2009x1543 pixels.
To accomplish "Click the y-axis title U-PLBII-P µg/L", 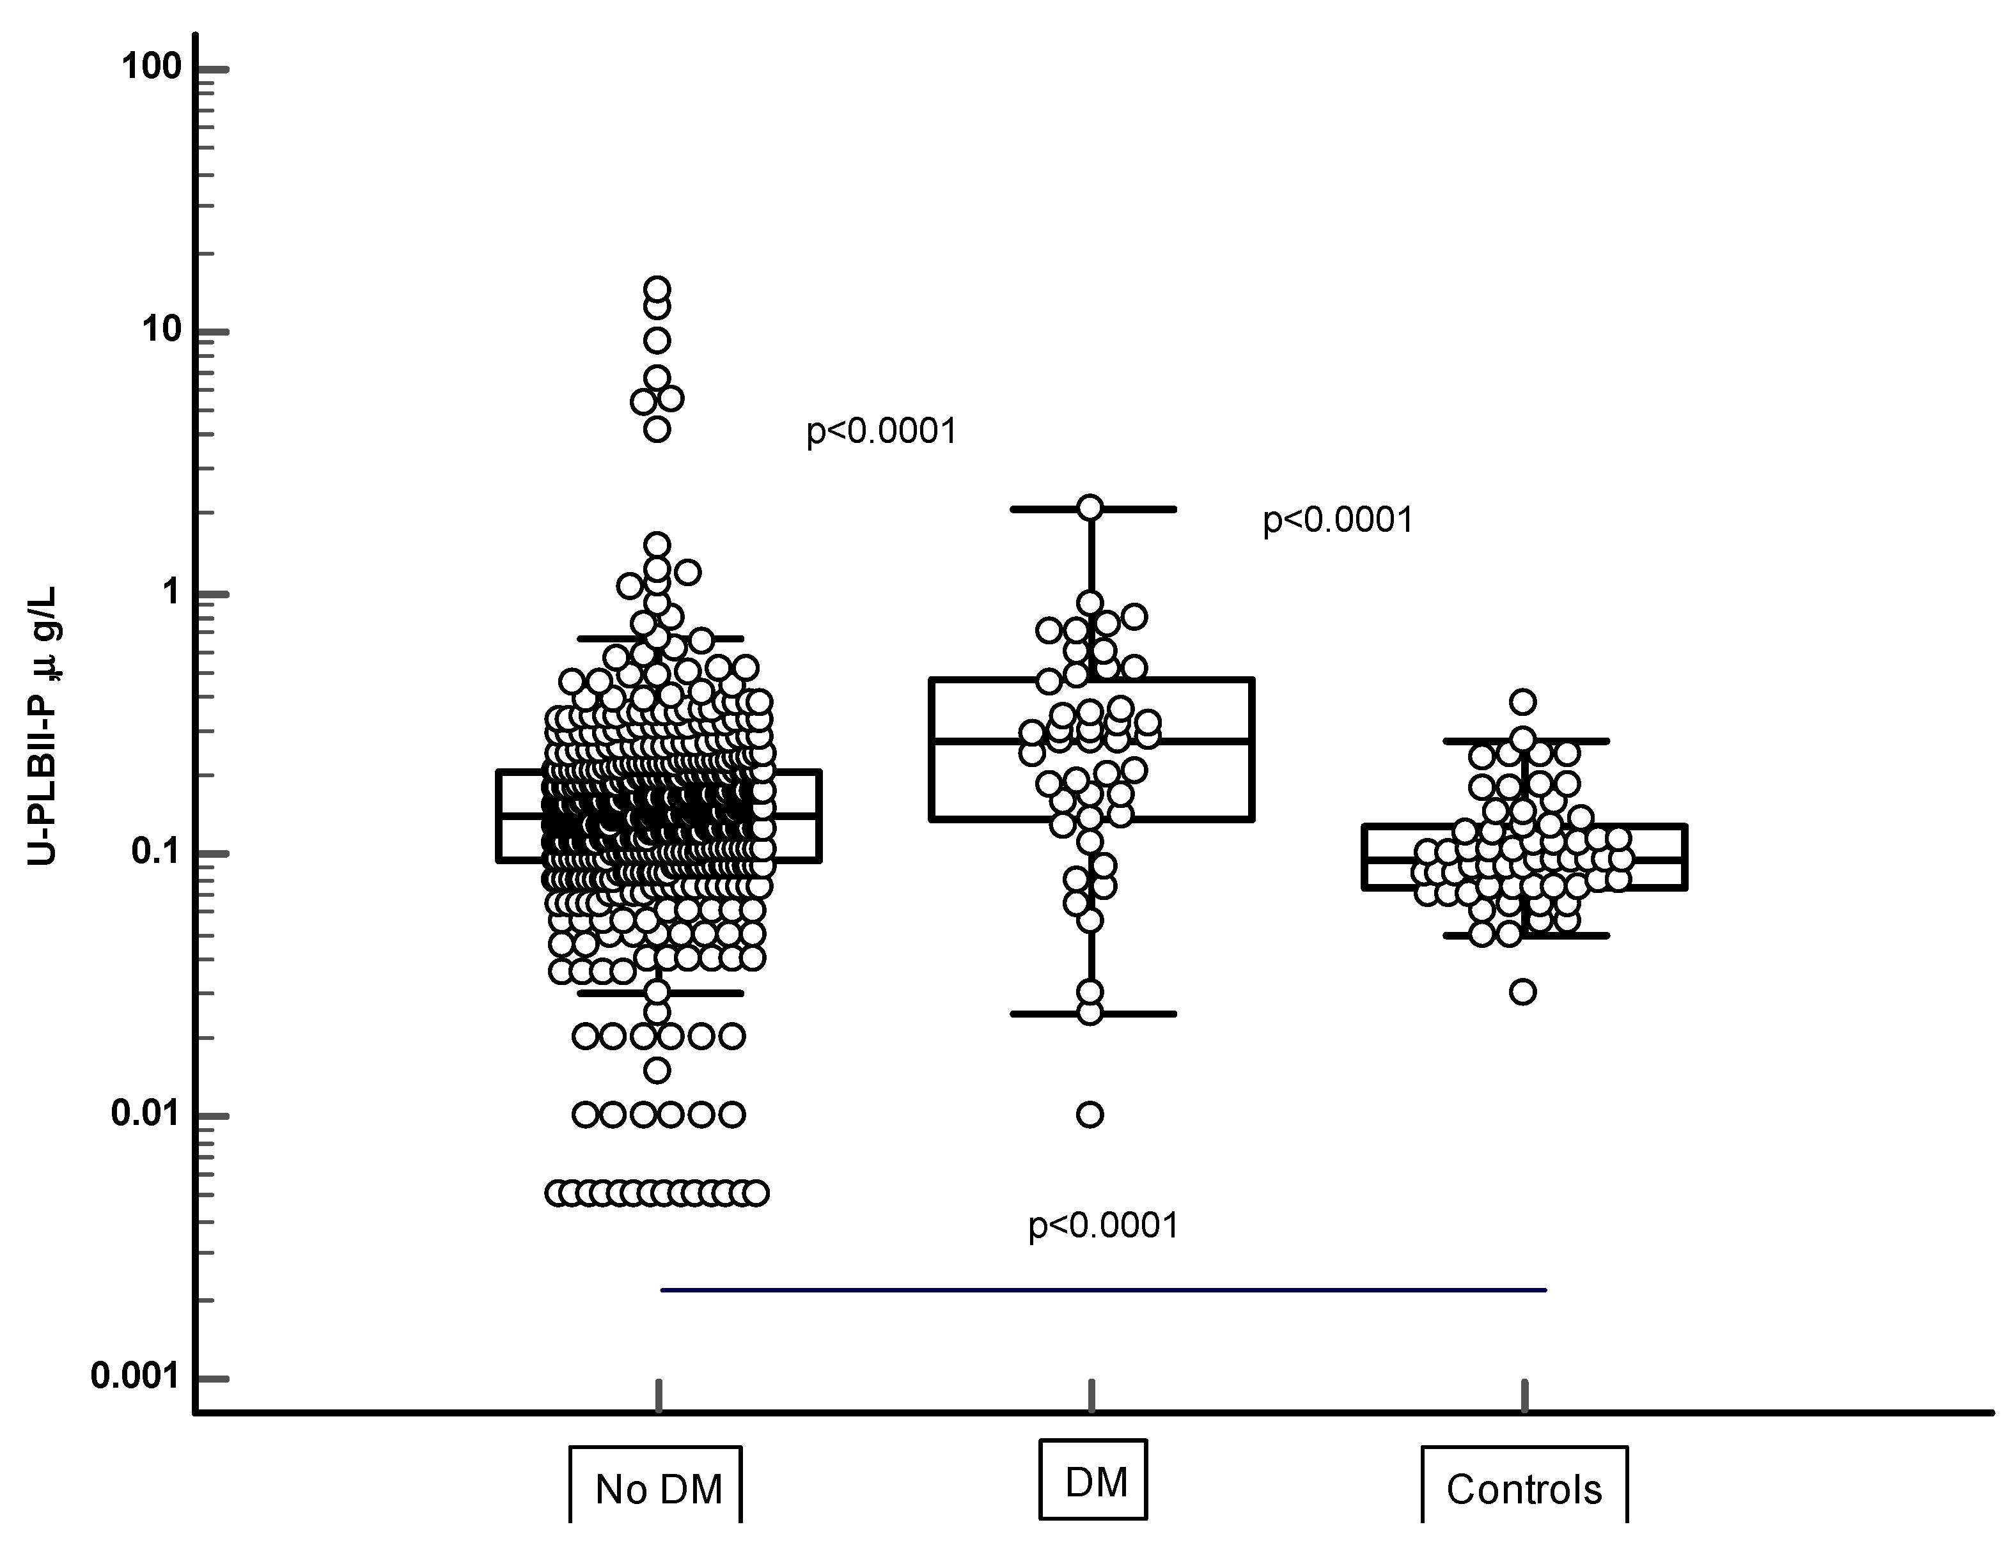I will (42, 725).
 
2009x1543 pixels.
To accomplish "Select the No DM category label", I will (658, 1490).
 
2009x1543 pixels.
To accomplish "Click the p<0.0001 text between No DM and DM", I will (881, 431).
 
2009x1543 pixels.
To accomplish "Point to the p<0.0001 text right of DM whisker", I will (1338, 520).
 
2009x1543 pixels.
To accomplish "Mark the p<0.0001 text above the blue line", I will (1102, 1225).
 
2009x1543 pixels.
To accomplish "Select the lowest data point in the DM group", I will (1090, 1115).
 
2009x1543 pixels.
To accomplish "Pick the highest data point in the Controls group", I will (1523, 702).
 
